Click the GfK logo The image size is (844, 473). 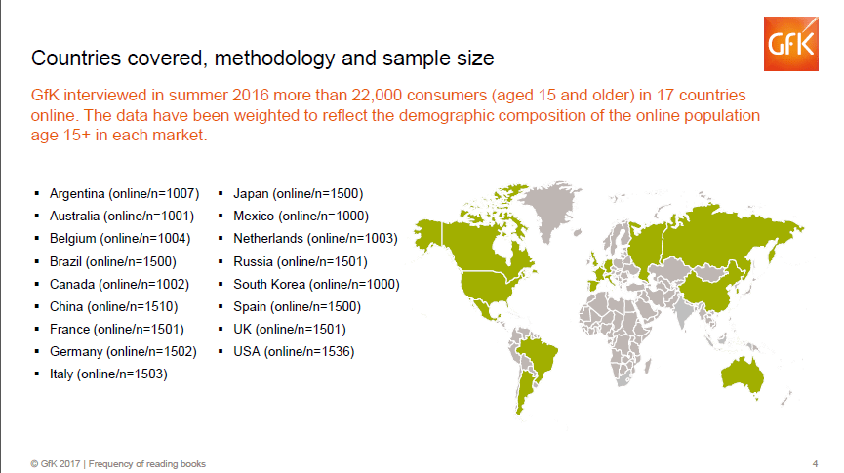tap(790, 44)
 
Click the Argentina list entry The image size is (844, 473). tap(124, 194)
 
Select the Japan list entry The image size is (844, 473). tap(299, 194)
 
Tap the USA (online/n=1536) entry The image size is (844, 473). tap(294, 352)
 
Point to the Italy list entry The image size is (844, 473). tap(108, 374)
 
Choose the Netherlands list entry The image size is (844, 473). tap(315, 238)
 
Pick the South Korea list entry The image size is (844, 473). tap(316, 284)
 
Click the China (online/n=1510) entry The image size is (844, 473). tap(113, 307)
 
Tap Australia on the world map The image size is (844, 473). tap(742, 374)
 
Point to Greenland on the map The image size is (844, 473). tap(550, 208)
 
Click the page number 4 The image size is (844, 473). tap(815, 464)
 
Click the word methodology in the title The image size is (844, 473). tap(274, 59)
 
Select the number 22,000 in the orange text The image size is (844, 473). tap(377, 96)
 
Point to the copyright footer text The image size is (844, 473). tap(118, 464)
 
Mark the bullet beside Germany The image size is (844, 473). tap(37, 351)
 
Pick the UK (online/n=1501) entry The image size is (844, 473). tap(290, 330)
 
